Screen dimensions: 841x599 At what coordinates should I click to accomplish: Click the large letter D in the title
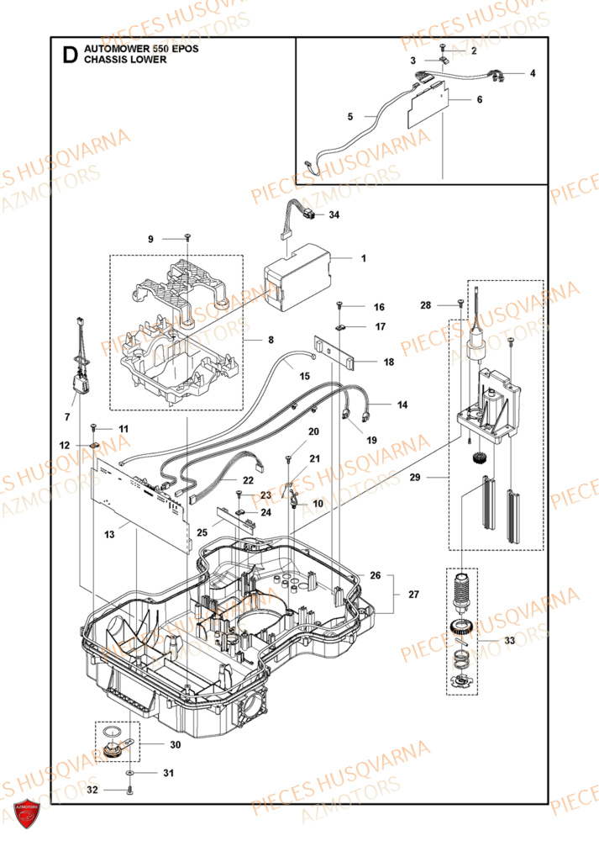pos(71,56)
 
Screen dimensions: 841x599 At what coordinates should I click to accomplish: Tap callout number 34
pos(334,215)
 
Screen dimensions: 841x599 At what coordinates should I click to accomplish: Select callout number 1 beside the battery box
pos(363,258)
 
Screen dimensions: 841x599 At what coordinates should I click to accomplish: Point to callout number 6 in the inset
pos(479,99)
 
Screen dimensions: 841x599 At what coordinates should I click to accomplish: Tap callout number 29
pos(436,478)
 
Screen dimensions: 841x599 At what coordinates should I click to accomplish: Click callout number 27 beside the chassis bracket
pos(412,595)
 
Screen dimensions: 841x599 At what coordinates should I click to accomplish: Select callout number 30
pos(175,744)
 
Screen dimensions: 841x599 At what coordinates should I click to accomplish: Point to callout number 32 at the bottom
pos(92,790)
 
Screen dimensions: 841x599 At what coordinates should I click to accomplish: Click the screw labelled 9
pos(187,240)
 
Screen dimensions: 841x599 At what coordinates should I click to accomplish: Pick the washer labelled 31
pos(130,771)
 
